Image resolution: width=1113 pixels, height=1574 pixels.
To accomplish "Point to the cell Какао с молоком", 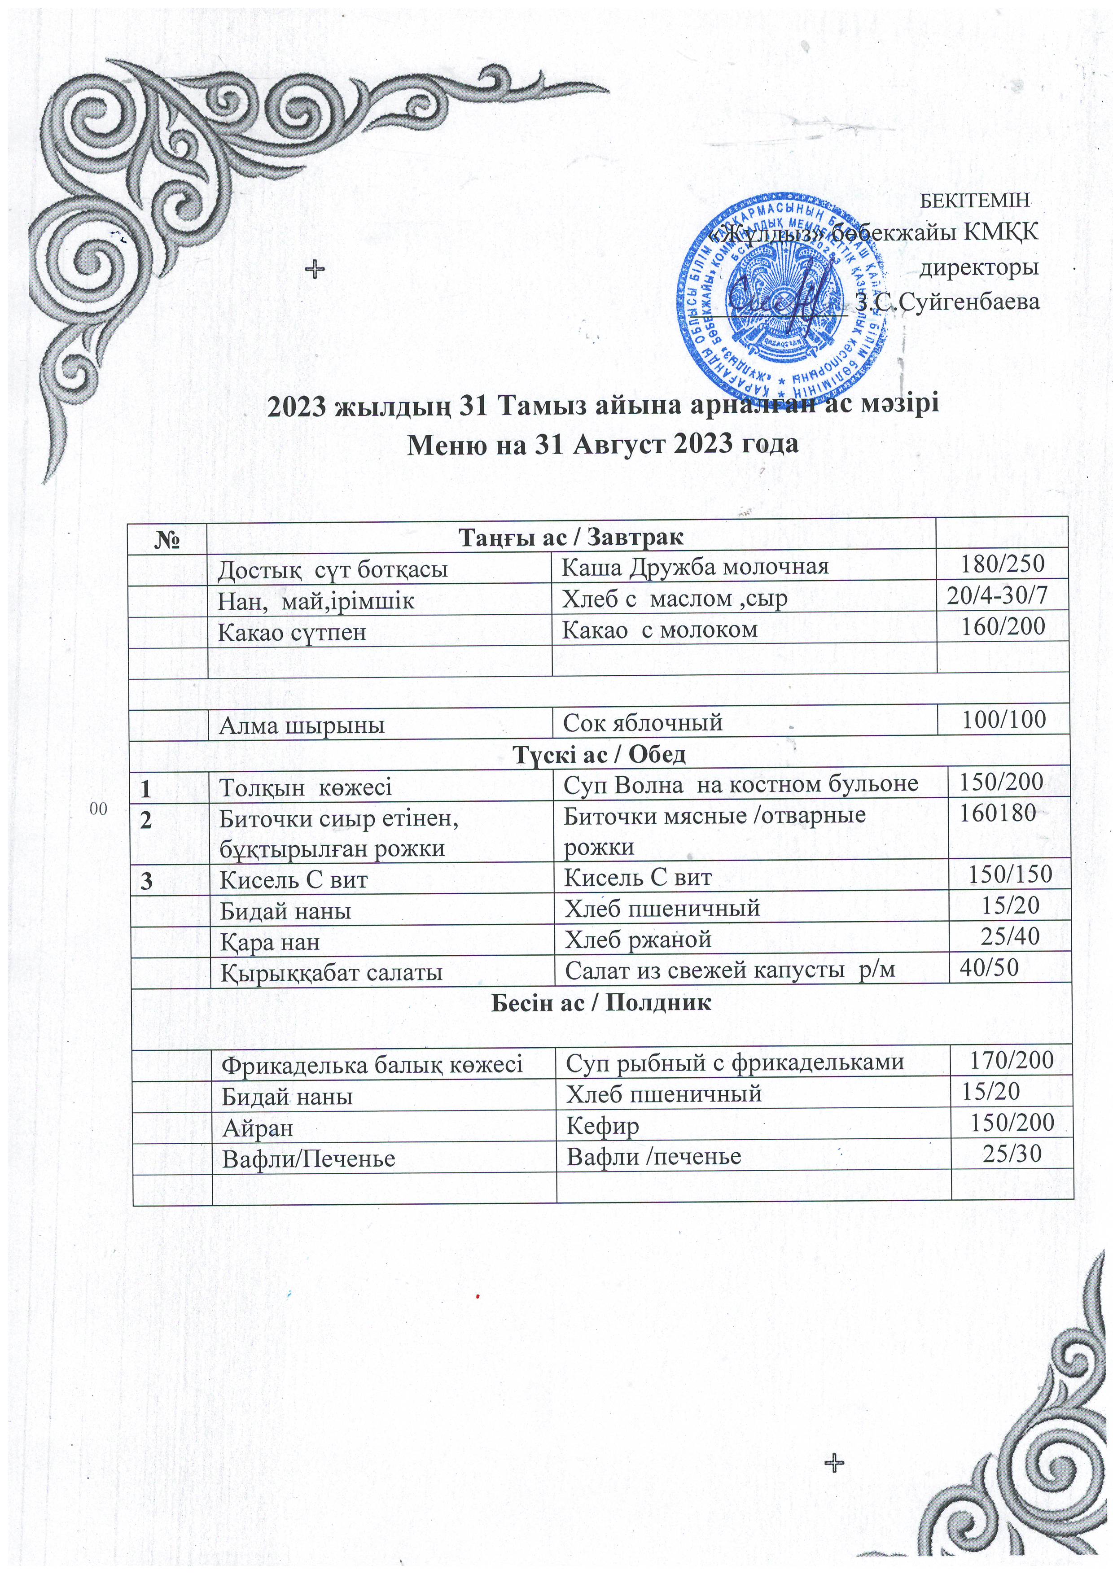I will pyautogui.click(x=660, y=629).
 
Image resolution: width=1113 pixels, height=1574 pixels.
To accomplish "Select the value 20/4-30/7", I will pyautogui.click(x=997, y=596).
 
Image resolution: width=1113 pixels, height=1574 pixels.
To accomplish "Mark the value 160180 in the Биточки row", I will pyautogui.click(x=997, y=813).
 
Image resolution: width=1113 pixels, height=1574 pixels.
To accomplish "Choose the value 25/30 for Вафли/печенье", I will pyautogui.click(x=1012, y=1154).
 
